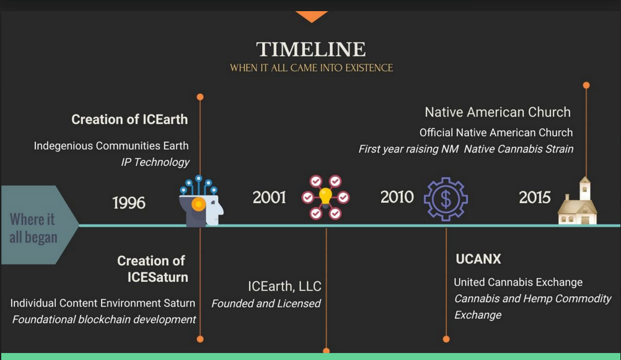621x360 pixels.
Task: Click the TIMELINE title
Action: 310,50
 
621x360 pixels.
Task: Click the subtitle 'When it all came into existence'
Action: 311,68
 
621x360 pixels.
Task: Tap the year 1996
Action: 129,203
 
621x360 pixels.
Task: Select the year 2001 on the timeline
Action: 270,198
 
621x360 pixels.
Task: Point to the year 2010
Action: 397,197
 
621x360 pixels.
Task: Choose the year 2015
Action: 535,198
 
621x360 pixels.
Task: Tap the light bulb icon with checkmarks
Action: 325,198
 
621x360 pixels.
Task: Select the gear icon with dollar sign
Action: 446,199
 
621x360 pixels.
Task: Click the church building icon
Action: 578,201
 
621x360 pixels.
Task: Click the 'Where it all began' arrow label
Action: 35,228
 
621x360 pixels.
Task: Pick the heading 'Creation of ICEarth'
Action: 130,119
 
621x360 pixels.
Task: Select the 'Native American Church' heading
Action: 497,112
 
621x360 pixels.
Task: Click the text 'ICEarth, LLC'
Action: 284,286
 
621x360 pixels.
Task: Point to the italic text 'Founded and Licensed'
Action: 266,304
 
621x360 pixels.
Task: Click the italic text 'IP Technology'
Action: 155,162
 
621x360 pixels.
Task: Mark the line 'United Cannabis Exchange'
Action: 518,282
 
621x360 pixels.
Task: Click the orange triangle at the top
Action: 311,15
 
